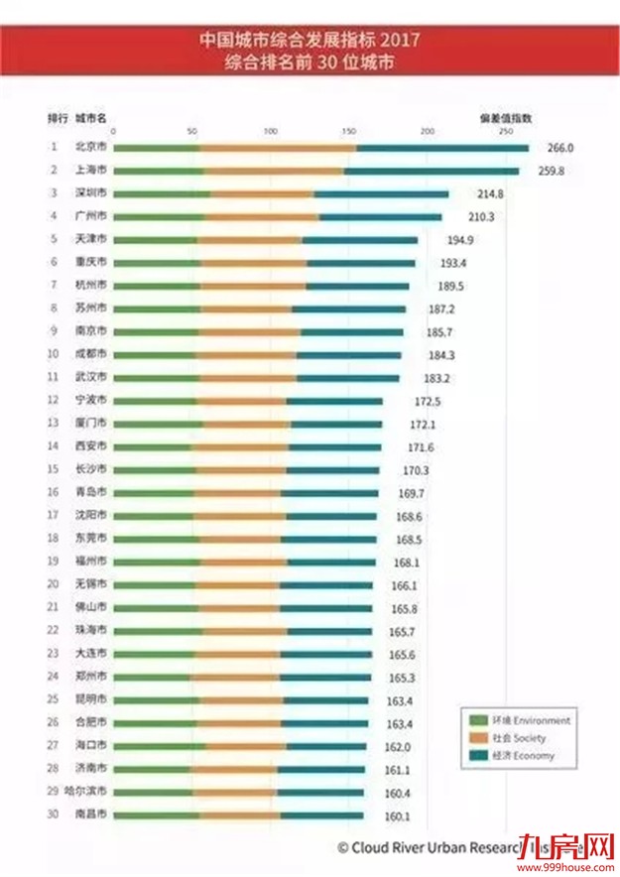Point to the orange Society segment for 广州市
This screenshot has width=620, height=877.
click(263, 216)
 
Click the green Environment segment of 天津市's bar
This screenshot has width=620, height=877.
click(155, 239)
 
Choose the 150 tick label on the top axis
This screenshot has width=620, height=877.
click(348, 131)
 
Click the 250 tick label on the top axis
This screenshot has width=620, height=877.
click(505, 131)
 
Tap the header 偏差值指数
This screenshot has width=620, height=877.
click(505, 117)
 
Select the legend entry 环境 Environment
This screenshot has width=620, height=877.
click(514, 719)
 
